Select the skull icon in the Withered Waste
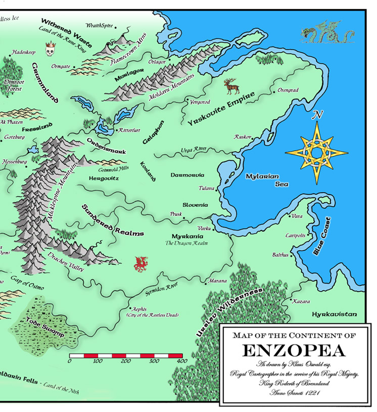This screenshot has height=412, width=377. tap(50, 50)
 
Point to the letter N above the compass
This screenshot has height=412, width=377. tap(317, 115)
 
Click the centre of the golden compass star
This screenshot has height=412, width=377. tap(316, 152)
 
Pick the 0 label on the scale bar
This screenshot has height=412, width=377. tap(70, 361)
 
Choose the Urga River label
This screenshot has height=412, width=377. tap(194, 150)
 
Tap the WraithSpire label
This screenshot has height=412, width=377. tap(99, 25)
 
